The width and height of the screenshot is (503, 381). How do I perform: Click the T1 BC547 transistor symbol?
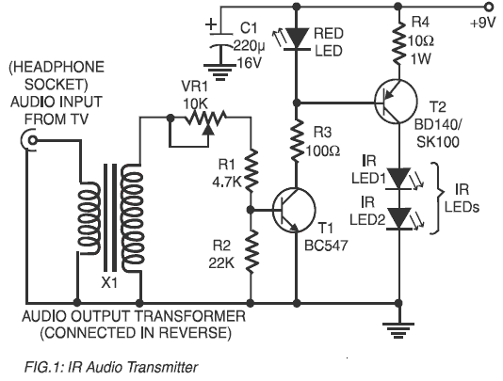pos(294,211)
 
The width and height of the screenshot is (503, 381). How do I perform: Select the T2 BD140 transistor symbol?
pos(396,102)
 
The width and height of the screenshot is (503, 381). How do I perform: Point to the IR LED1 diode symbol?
pos(399,179)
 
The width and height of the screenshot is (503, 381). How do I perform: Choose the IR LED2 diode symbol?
pos(399,219)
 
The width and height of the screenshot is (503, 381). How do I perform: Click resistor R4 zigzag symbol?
pos(398,41)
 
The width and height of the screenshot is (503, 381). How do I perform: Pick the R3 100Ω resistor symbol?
pos(297,140)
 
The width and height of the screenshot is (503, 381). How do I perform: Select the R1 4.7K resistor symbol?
pos(251,170)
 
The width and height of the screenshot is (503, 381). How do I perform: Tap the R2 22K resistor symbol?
pos(251,251)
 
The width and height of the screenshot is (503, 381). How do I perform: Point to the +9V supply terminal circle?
pos(490,6)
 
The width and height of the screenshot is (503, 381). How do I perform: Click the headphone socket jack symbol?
pos(29,140)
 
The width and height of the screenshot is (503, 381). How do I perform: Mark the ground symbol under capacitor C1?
pos(220,72)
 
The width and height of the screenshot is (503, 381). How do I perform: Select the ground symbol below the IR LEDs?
pos(398,331)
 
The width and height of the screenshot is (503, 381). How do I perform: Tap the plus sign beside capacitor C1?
pos(211,24)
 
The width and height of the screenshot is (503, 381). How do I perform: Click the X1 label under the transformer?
pos(109,283)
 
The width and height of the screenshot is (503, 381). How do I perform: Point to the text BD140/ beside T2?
pos(437,124)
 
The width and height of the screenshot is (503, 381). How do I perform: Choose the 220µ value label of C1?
pos(249,46)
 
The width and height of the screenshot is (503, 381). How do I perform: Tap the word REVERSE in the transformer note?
pos(195,333)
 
